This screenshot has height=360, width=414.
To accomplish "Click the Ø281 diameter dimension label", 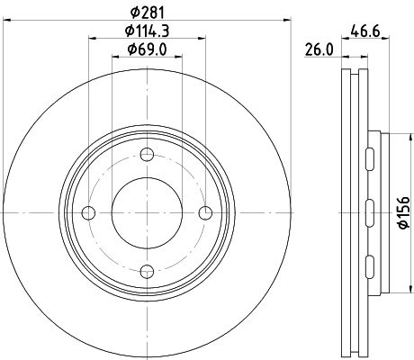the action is [148, 13].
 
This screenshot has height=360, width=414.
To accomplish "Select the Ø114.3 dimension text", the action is [148, 31].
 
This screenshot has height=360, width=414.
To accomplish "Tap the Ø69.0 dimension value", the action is [147, 49].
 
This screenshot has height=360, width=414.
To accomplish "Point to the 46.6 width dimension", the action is [365, 31].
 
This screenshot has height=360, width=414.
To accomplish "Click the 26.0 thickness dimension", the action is [319, 49].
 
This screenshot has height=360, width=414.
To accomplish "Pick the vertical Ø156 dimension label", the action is [404, 212].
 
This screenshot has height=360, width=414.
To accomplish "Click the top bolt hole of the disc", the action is [147, 155].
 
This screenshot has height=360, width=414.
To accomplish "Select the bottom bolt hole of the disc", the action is [147, 272].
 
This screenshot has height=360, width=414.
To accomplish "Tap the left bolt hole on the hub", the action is [88, 213].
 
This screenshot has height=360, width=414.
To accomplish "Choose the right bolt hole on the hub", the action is [205, 213].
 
